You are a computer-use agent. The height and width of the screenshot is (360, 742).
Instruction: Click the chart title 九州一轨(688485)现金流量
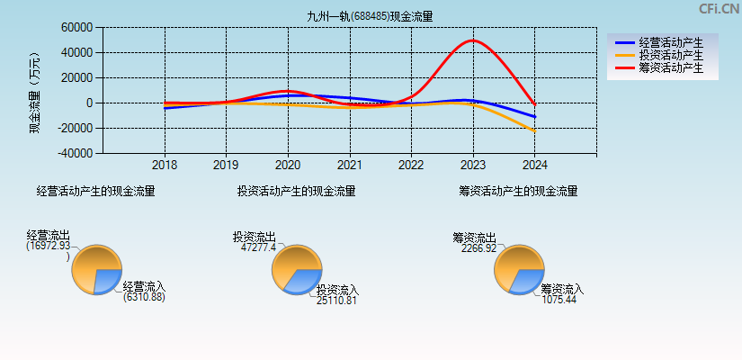click(370, 16)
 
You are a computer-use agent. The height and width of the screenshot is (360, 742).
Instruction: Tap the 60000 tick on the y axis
click(77, 28)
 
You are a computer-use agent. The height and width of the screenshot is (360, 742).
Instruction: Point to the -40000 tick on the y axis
click(75, 153)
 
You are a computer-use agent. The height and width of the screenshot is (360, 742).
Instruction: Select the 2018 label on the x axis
click(165, 166)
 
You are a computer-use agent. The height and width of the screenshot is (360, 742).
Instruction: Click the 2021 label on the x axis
click(350, 166)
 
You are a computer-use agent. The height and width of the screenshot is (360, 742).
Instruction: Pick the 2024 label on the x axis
click(534, 166)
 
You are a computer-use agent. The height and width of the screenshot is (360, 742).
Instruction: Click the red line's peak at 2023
click(473, 40)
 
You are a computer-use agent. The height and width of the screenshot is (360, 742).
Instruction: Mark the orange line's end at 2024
click(534, 131)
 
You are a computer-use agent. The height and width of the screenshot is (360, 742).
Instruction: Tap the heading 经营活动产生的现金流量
click(95, 191)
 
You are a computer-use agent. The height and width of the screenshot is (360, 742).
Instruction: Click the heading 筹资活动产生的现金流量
click(518, 191)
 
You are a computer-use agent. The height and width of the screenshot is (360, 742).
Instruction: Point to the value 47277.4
click(259, 247)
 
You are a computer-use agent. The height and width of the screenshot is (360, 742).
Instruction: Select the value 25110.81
click(336, 301)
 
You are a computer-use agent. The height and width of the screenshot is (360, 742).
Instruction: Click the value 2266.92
click(478, 248)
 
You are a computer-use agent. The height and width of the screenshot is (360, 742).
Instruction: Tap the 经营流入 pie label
click(144, 287)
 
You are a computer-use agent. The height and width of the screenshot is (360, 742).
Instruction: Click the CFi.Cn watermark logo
click(719, 9)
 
